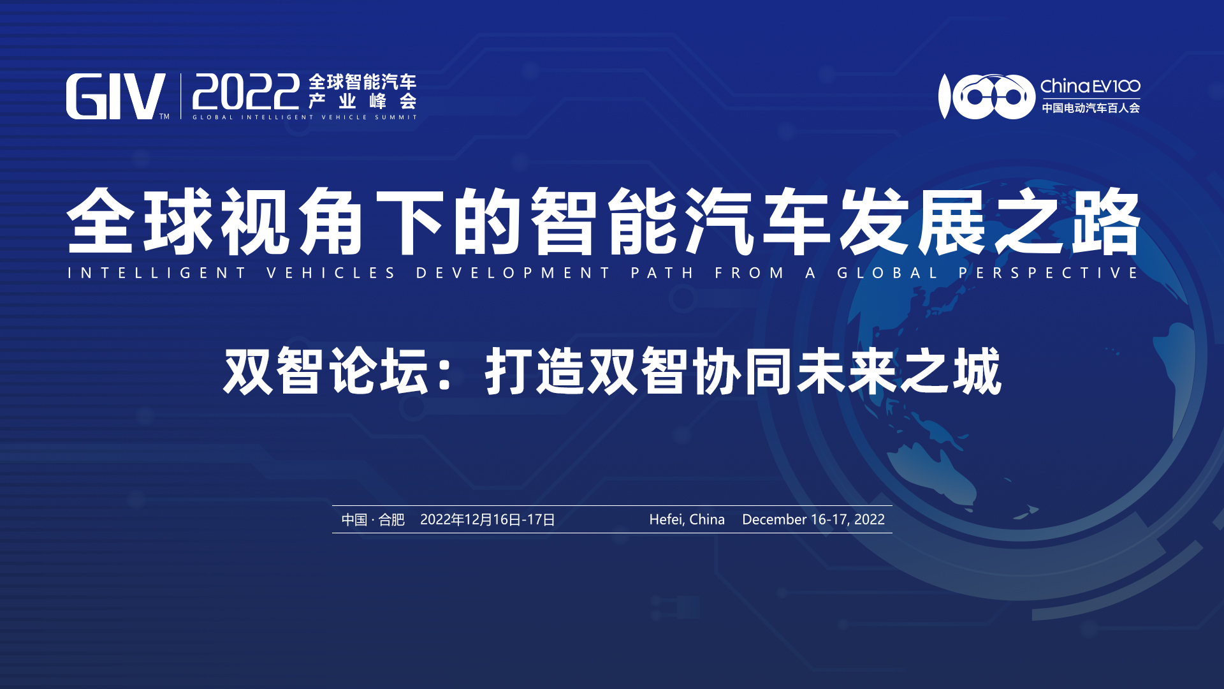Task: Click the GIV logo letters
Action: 115,96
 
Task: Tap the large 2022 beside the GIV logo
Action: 246,92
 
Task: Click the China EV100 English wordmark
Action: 1090,86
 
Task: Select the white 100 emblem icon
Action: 987,96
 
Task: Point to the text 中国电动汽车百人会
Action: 1091,108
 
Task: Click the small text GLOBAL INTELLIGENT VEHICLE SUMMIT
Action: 305,117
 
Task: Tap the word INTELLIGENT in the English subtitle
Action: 157,273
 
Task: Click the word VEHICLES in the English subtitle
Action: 331,273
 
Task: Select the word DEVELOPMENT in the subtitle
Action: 513,273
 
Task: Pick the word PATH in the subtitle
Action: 662,273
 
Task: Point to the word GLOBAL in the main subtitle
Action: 887,273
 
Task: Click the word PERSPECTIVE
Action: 1049,273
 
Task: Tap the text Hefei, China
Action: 687,519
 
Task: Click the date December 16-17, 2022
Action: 813,519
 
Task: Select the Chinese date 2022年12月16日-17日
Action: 488,519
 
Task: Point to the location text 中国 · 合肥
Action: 373,519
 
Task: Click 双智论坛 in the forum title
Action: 326,371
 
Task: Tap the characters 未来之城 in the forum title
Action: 899,371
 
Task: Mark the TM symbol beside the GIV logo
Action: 164,117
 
